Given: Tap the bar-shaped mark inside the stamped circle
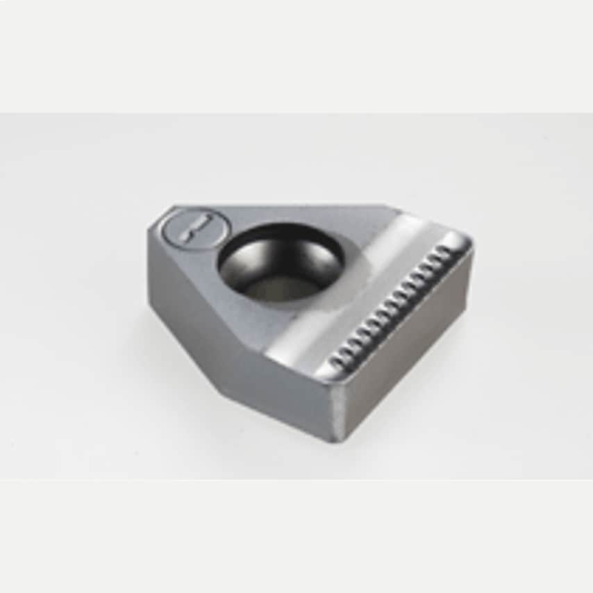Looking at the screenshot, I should coord(195,228).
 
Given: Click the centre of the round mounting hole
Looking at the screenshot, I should coord(281,262).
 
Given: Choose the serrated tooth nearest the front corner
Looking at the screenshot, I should coord(336,360).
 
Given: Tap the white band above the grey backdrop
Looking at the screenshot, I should coord(296,56).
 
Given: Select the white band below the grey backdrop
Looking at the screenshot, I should coord(296,535).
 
